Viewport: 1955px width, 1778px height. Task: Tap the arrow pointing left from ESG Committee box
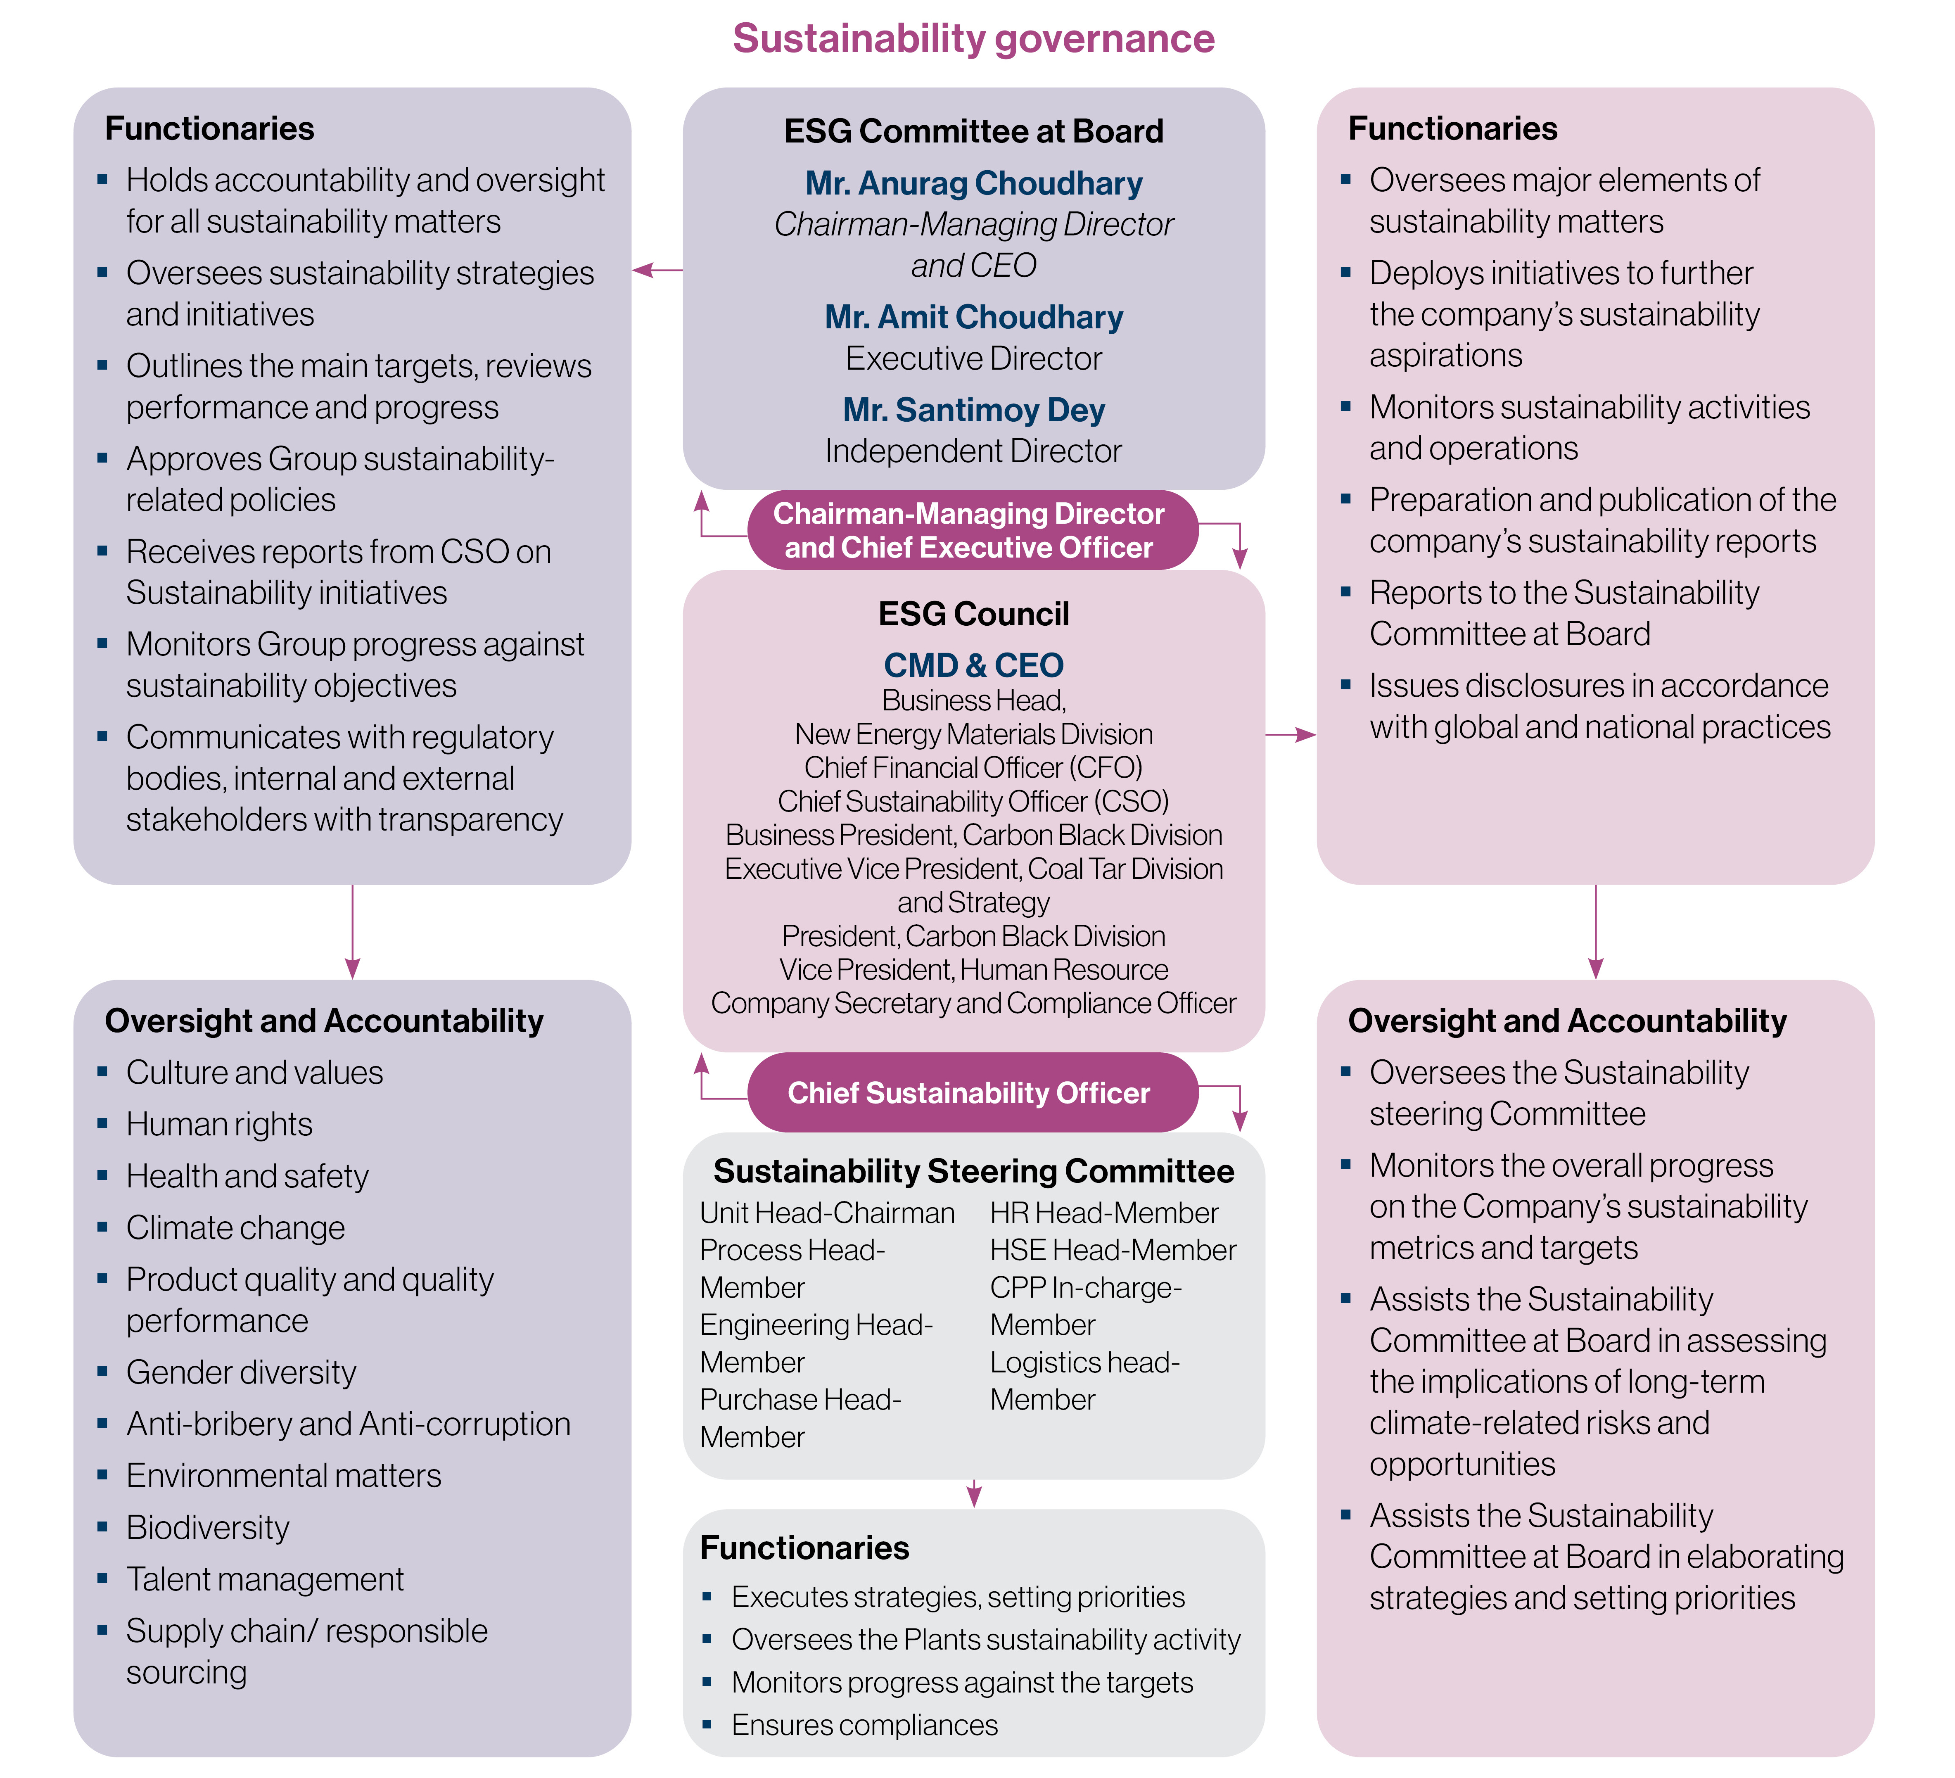[657, 270]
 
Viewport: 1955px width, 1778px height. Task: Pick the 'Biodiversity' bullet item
[208, 1528]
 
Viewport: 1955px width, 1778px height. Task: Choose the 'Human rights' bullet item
[219, 1124]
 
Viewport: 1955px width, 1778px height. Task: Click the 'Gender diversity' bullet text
[242, 1372]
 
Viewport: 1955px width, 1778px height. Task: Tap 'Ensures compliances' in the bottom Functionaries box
[864, 1726]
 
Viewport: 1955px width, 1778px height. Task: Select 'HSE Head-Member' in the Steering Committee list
[1112, 1250]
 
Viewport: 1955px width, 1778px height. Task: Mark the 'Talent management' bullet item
[265, 1579]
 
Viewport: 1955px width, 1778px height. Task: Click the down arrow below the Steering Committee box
[974, 1494]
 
